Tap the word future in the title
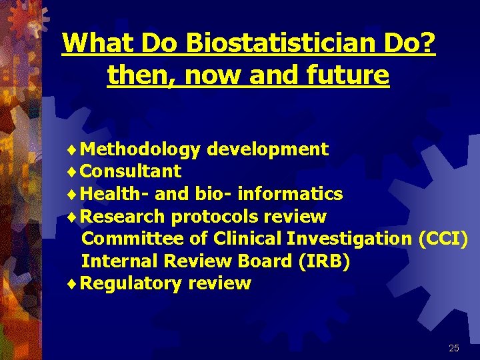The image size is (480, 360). coord(353,75)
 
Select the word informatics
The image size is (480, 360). coord(290,194)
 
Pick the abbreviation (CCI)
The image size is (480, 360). coord(443,239)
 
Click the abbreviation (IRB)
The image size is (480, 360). coord(323,261)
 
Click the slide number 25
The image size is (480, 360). coord(454,348)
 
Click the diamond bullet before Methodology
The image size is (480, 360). coord(72,150)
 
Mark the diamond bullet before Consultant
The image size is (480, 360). coord(72,172)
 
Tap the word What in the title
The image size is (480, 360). coord(91,44)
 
